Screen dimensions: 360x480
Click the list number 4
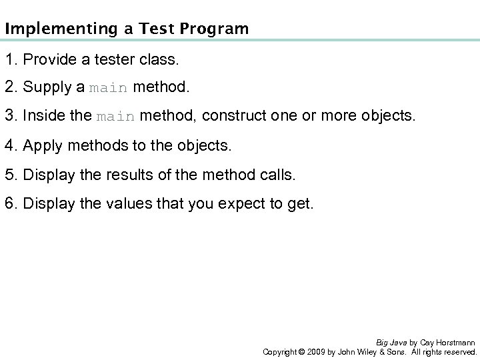(8, 146)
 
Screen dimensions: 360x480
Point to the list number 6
(8, 203)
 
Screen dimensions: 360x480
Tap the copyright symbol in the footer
(302, 351)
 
